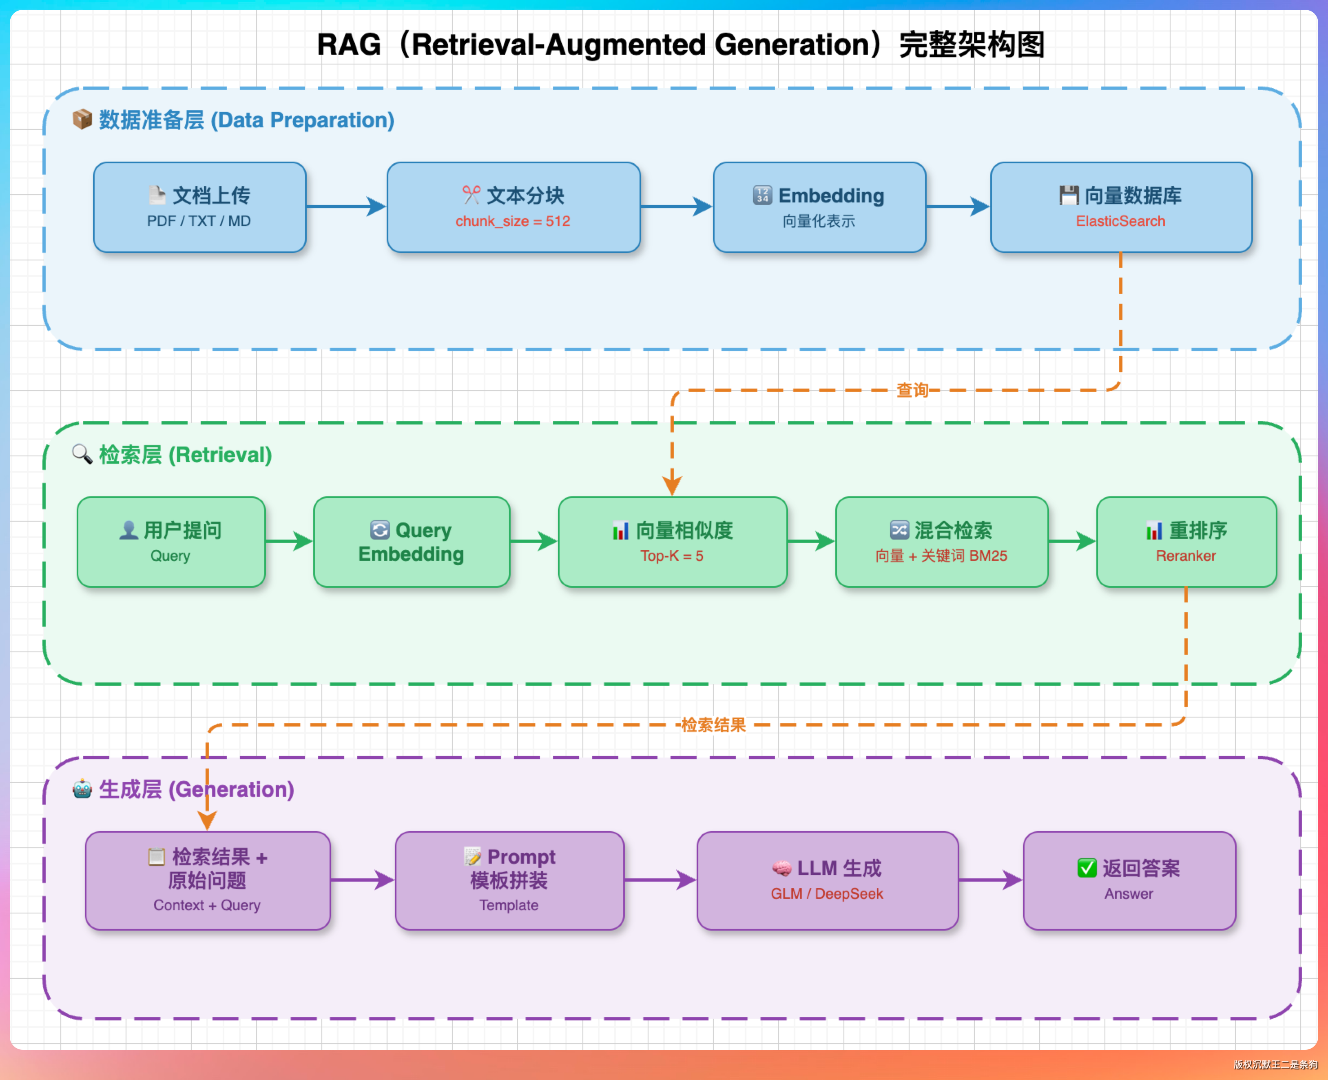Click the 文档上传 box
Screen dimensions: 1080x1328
(x=199, y=207)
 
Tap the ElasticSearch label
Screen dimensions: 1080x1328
(x=1120, y=222)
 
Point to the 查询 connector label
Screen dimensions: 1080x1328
(x=912, y=390)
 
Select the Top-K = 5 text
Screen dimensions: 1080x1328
(x=672, y=556)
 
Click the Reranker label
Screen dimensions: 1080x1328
(x=1186, y=556)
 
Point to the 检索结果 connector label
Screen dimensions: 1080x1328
(x=713, y=725)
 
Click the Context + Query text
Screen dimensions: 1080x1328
(x=207, y=905)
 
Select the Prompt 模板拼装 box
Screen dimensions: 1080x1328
(x=509, y=880)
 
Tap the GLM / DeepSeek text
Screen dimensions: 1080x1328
(x=827, y=894)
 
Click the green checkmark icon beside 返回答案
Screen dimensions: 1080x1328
(x=1087, y=868)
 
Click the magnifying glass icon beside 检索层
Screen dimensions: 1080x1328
(x=82, y=453)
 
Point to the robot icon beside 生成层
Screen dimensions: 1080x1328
(x=82, y=789)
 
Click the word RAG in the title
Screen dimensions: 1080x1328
(x=349, y=45)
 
